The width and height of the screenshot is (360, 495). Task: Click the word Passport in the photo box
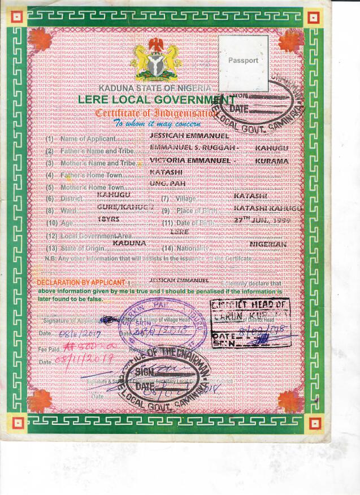243,60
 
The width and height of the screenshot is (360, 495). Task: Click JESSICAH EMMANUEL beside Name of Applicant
189,136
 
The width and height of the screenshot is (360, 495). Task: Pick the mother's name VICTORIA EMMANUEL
192,161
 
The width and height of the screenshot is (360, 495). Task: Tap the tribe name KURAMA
272,161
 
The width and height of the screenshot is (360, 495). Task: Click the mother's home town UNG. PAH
164,184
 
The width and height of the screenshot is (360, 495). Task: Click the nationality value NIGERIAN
268,244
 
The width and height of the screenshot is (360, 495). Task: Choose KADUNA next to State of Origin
129,244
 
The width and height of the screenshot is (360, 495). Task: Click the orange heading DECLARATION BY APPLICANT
81,282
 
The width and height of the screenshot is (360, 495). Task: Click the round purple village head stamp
162,324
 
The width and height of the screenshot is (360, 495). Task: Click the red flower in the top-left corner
40,41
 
